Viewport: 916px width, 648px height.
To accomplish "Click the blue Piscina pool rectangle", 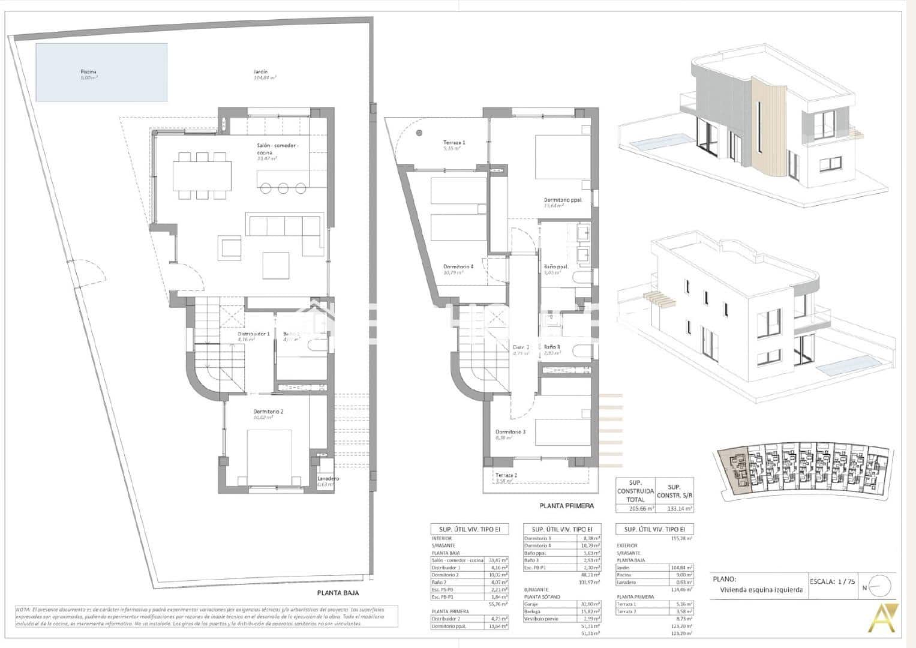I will (101, 72).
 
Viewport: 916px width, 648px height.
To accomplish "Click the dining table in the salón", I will (202, 176).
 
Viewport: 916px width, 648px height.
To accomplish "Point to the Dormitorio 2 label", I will (268, 412).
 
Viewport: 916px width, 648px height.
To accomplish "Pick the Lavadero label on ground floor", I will (328, 478).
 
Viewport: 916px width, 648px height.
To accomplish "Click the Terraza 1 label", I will (455, 143).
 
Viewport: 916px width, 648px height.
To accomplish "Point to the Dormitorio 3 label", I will (510, 432).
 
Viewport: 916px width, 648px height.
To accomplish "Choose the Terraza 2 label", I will (506, 475).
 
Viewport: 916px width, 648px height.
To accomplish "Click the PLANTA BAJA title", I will (338, 592).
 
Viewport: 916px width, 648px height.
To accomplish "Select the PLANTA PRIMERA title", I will (566, 505).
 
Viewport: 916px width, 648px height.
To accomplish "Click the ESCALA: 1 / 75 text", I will (833, 581).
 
